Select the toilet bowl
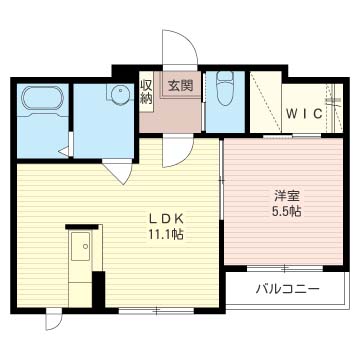(225, 89)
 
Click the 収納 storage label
(146, 91)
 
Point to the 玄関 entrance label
(179, 85)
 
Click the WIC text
(303, 113)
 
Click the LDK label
(166, 218)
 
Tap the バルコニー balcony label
(287, 290)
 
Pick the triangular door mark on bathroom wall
(64, 152)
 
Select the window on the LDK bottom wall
(155, 310)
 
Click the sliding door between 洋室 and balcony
(283, 268)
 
